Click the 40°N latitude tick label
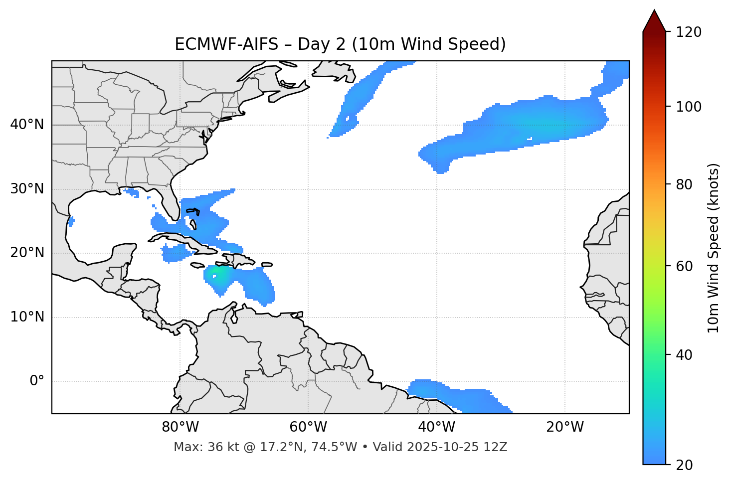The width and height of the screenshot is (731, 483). [x=27, y=125]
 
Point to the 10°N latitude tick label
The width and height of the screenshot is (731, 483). [x=27, y=317]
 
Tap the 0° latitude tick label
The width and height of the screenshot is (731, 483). [x=37, y=381]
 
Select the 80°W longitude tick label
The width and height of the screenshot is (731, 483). [x=180, y=427]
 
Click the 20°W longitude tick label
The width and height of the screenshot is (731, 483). [x=565, y=427]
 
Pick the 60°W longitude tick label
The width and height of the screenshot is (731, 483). [x=308, y=427]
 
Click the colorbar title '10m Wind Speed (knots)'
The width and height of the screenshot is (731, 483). [x=714, y=248]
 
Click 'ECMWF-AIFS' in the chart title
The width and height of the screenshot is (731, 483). [x=226, y=44]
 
